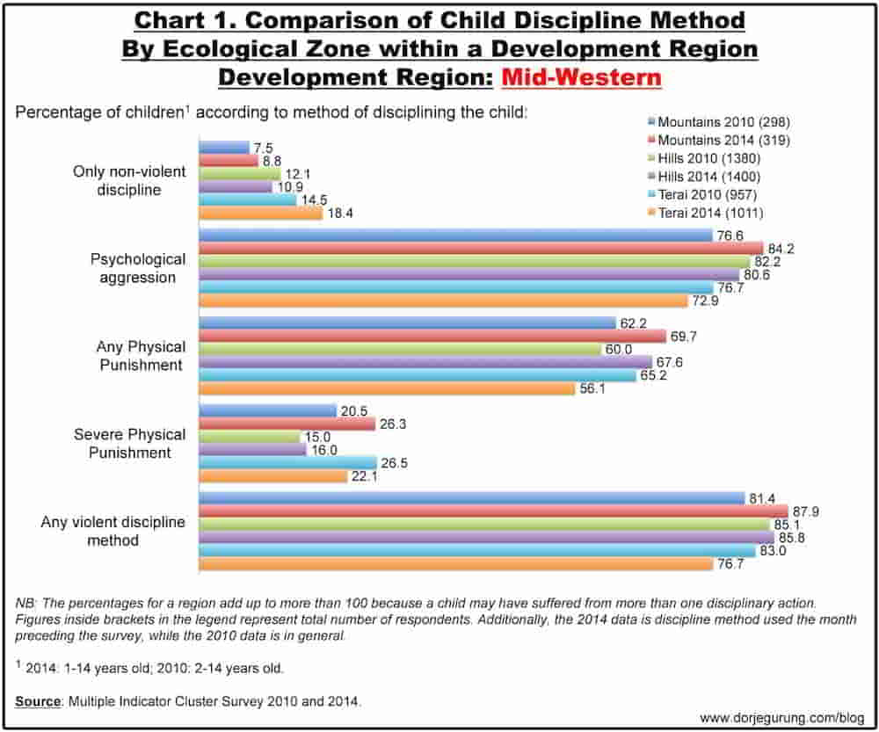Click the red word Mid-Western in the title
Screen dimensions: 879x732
click(581, 76)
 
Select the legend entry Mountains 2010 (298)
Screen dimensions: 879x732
click(719, 121)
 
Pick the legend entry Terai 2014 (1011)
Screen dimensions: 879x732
click(706, 213)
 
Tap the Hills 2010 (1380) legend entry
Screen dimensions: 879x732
click(705, 158)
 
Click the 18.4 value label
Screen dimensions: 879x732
click(340, 214)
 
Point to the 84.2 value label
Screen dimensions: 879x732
click(781, 249)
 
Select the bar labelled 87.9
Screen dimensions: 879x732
click(493, 511)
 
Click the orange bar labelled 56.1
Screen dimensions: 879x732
click(387, 388)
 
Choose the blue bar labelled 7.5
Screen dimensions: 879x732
click(224, 148)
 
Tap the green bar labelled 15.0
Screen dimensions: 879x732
click(250, 437)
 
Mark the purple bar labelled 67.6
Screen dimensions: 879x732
click(425, 362)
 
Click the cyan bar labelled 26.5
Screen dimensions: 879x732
click(287, 462)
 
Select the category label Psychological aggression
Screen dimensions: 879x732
click(138, 268)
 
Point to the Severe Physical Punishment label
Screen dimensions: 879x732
click(129, 444)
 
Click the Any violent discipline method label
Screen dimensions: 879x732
click(113, 531)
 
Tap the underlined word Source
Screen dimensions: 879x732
click(38, 701)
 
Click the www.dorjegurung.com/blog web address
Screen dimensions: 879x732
click(782, 718)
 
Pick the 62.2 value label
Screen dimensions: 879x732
click(634, 323)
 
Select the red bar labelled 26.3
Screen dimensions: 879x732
click(287, 424)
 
